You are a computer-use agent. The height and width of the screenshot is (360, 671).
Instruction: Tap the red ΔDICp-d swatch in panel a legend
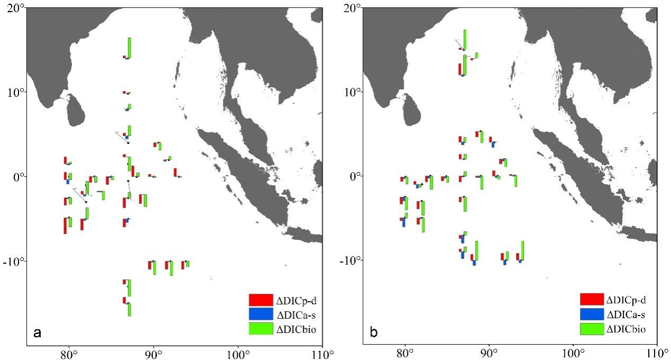click(261, 300)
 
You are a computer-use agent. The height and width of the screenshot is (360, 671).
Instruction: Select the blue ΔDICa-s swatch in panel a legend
click(261, 314)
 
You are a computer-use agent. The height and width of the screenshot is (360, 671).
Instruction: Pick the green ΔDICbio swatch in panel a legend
click(261, 329)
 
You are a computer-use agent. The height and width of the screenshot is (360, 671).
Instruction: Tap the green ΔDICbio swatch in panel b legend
click(592, 329)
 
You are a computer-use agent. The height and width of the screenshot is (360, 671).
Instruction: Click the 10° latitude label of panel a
click(14, 92)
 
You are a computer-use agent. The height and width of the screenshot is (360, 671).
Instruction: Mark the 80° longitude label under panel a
click(69, 353)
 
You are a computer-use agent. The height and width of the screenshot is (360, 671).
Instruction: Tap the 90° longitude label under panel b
click(489, 353)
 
